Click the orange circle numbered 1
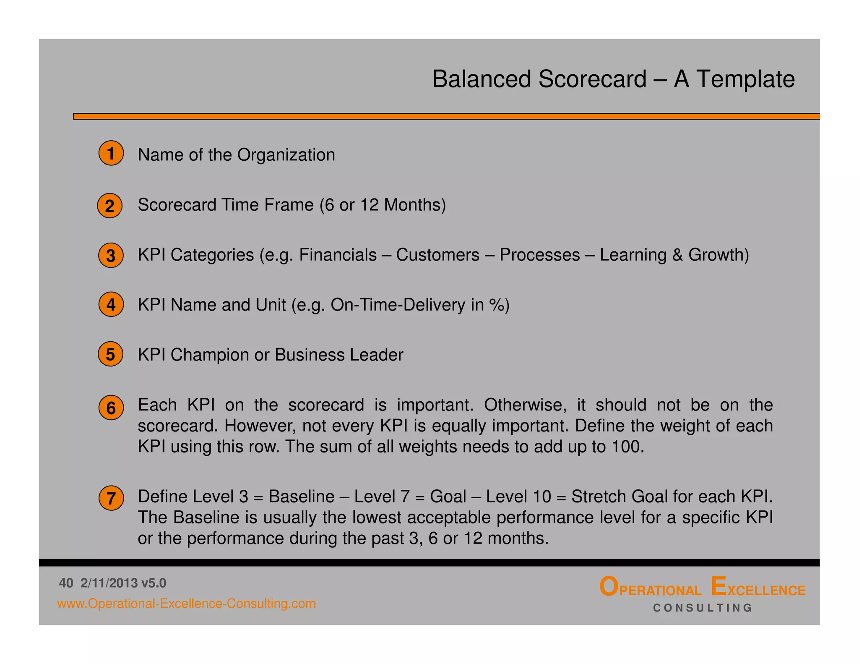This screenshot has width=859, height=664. coord(111,154)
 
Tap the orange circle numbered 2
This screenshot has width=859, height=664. coord(109,206)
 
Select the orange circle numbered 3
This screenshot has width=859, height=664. coord(111,255)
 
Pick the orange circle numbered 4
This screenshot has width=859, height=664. coord(111,304)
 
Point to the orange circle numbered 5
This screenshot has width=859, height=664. coord(110,354)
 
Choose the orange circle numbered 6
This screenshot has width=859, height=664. coord(111,408)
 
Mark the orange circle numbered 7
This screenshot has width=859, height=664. coord(111,498)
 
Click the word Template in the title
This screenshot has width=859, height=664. coord(745,79)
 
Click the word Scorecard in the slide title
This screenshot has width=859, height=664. coord(592,79)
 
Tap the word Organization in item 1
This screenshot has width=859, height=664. coord(286,155)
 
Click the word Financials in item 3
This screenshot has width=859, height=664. coord(338,255)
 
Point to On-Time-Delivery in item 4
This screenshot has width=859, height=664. coord(398,305)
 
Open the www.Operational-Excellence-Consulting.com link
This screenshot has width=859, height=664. coord(186,604)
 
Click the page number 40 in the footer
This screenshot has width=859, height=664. coord(66,583)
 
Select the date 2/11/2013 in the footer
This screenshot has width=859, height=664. coord(109,583)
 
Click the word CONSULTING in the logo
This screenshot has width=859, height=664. coord(703,608)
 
